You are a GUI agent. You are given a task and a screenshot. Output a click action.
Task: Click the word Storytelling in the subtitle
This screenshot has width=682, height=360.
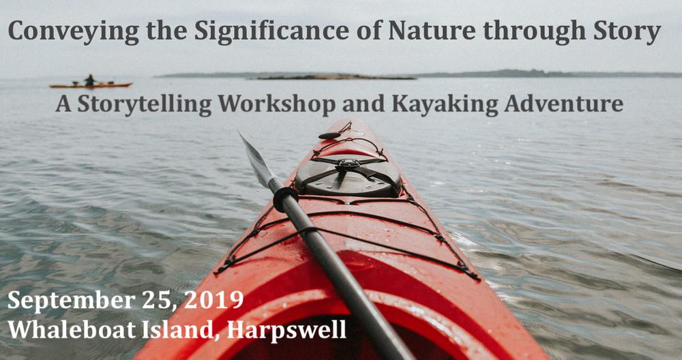(x=145, y=105)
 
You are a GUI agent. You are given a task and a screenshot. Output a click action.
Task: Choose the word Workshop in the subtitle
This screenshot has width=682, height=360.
(x=277, y=105)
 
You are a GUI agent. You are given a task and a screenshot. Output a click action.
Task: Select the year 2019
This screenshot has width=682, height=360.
(x=213, y=300)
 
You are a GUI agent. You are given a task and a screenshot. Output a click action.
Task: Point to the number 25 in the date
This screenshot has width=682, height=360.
(x=159, y=301)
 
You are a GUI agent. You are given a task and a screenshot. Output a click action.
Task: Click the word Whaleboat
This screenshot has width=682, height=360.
(x=72, y=329)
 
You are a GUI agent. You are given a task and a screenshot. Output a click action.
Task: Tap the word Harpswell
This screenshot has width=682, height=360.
(x=286, y=330)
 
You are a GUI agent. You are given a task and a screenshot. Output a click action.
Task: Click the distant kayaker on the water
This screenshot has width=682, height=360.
(x=90, y=81)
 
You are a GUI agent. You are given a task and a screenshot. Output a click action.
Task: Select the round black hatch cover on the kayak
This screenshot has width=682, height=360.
(x=348, y=175)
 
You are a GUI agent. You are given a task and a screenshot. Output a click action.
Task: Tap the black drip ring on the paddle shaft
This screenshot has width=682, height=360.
(x=286, y=199)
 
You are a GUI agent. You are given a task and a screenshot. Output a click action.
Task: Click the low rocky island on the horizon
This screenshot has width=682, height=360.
(x=335, y=78)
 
